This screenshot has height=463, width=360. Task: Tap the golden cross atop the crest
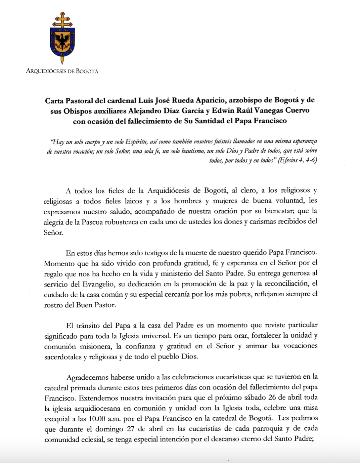[x=62, y=20]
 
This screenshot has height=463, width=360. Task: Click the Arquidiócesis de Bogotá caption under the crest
[x=62, y=71]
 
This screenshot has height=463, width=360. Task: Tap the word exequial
[x=57, y=418]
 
